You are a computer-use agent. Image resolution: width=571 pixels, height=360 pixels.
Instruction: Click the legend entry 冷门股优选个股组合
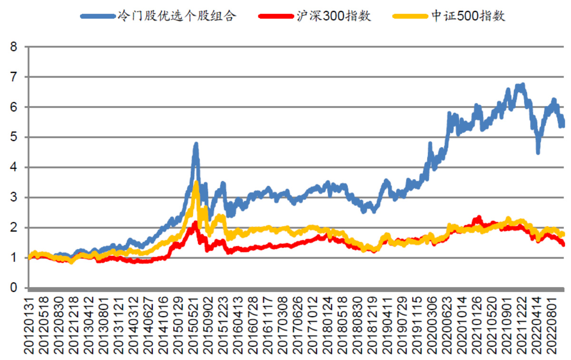177,16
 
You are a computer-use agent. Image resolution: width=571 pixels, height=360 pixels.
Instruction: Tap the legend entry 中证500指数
468,16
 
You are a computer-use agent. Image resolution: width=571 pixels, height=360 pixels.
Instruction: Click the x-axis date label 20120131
30,324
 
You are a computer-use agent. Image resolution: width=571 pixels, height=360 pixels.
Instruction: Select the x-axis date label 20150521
195,324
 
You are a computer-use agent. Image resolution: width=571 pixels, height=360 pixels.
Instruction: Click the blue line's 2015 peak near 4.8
196,144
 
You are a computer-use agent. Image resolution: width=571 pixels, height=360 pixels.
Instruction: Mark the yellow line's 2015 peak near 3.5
196,182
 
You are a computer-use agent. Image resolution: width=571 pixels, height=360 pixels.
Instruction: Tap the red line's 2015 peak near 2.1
195,223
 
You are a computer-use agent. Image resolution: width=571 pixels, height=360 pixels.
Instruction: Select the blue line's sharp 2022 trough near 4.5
538,152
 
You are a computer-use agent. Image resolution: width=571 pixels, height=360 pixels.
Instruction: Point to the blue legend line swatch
98,16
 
